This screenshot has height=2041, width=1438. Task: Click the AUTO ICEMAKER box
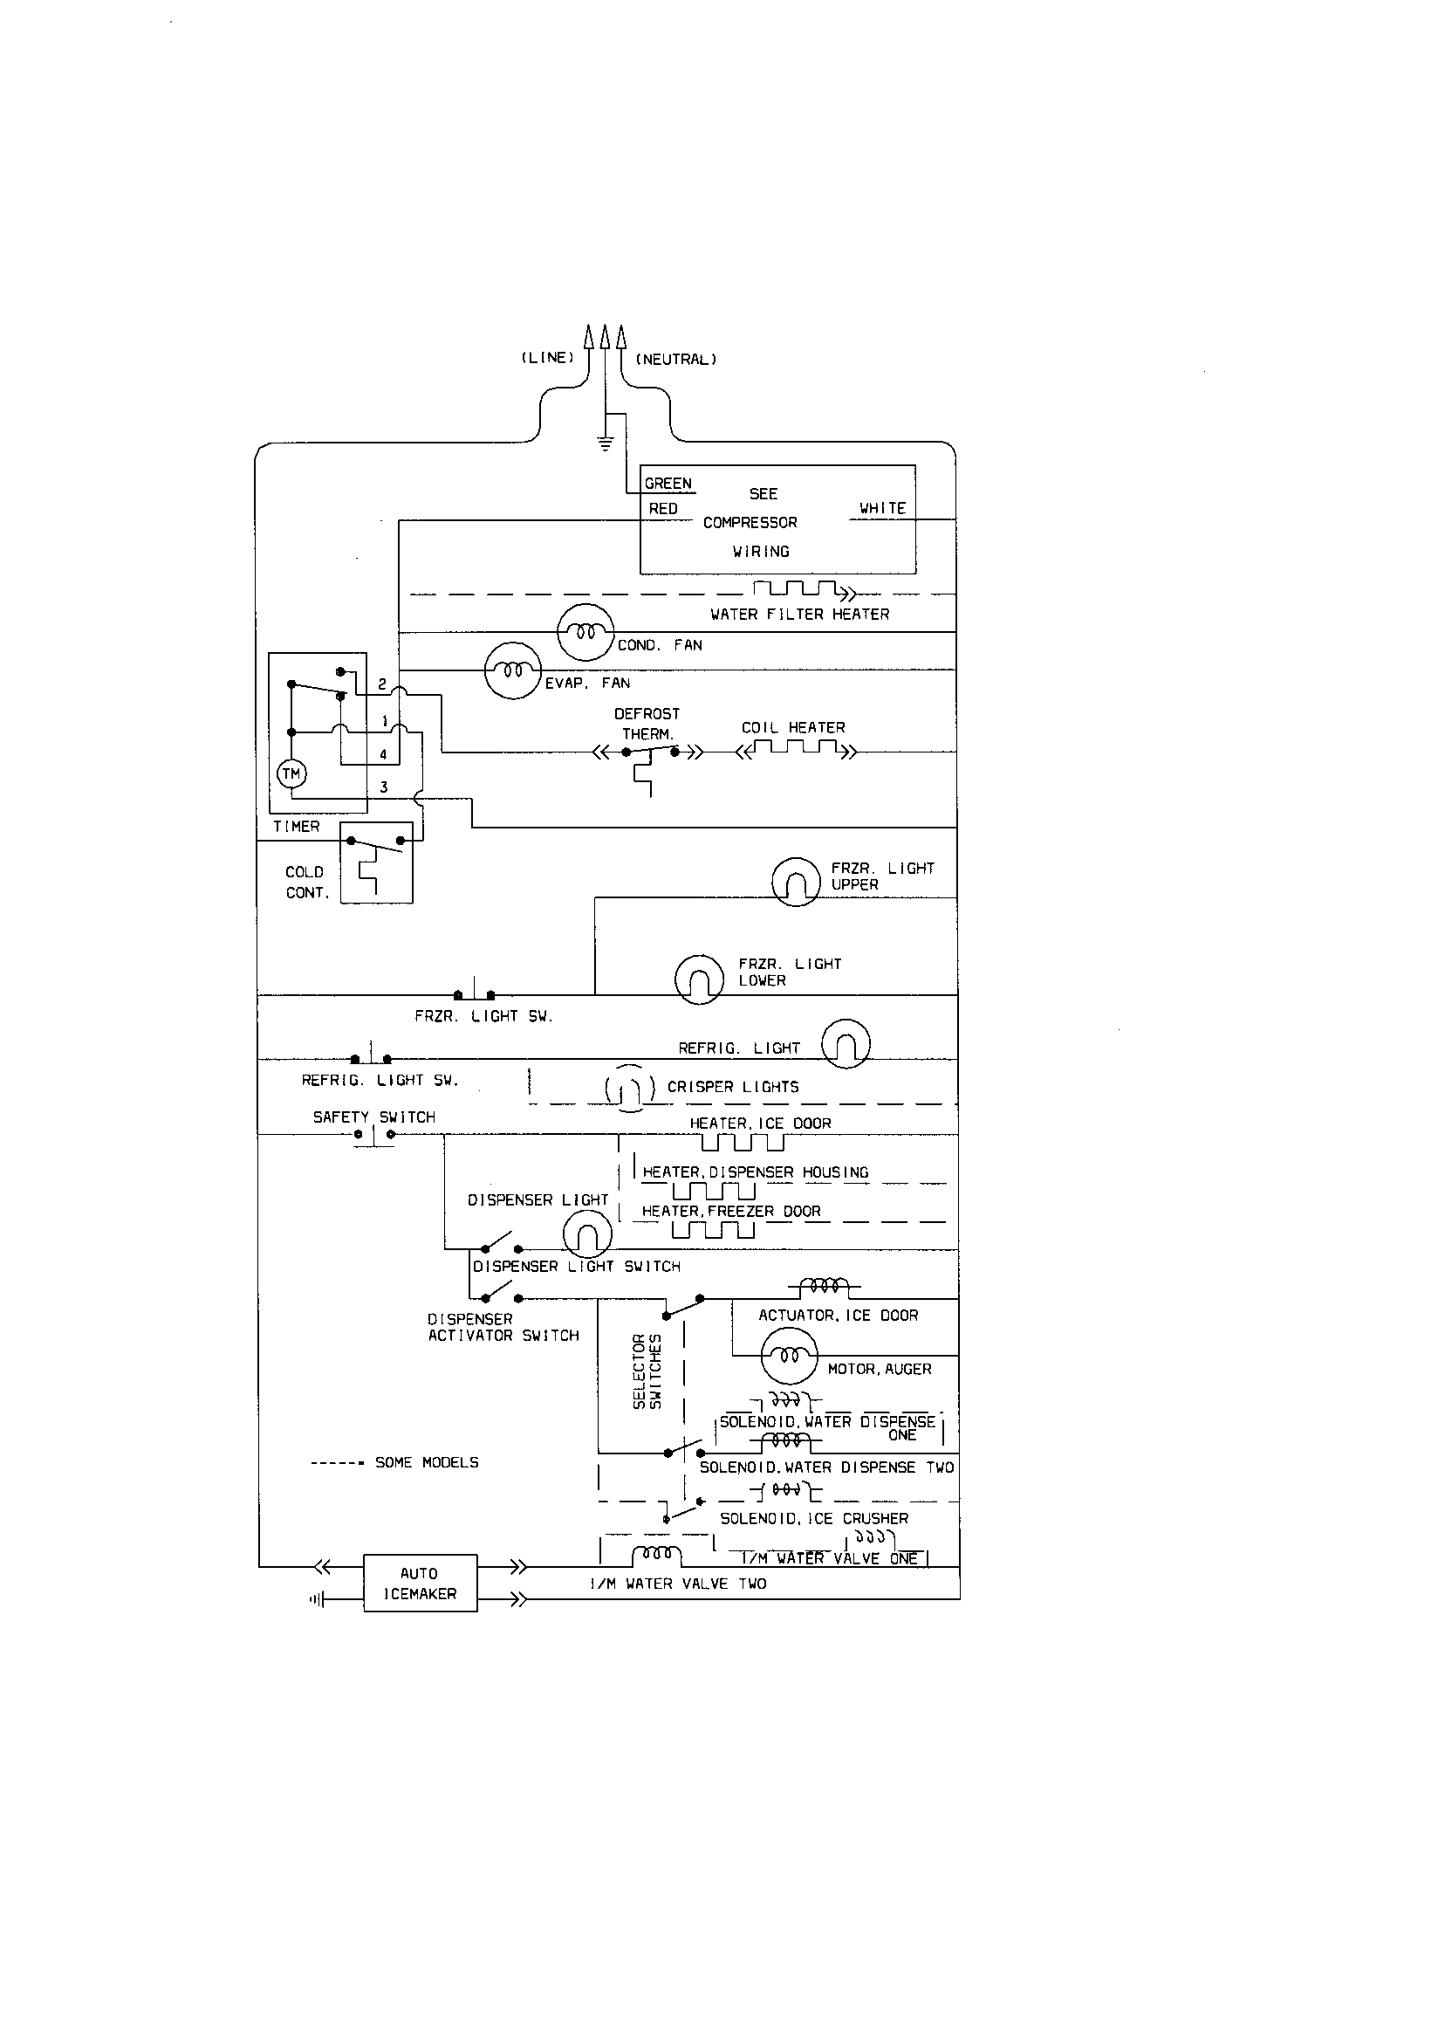pyautogui.click(x=420, y=1583)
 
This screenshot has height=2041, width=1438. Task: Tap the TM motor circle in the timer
pyautogui.click(x=291, y=774)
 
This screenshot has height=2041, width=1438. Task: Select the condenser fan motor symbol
pyautogui.click(x=585, y=632)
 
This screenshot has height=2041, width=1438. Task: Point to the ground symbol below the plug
pyautogui.click(x=606, y=443)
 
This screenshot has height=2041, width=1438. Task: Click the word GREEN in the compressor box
pyautogui.click(x=668, y=484)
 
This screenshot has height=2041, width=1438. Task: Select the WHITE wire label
pyautogui.click(x=881, y=508)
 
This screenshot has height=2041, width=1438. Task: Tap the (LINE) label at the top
pyautogui.click(x=547, y=357)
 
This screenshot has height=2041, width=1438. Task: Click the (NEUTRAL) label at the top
pyautogui.click(x=675, y=359)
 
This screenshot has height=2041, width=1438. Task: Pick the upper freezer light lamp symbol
pyautogui.click(x=796, y=882)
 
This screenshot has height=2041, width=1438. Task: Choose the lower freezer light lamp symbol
pyautogui.click(x=700, y=979)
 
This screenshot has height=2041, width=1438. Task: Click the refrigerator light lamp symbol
pyautogui.click(x=846, y=1044)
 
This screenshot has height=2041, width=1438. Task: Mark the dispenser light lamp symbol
pyautogui.click(x=587, y=1235)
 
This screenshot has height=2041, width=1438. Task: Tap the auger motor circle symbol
pyautogui.click(x=787, y=1356)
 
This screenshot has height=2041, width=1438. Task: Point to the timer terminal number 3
pyautogui.click(x=384, y=787)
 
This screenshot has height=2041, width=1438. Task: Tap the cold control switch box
pyautogui.click(x=377, y=862)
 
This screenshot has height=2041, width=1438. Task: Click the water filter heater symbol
pyautogui.click(x=800, y=590)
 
